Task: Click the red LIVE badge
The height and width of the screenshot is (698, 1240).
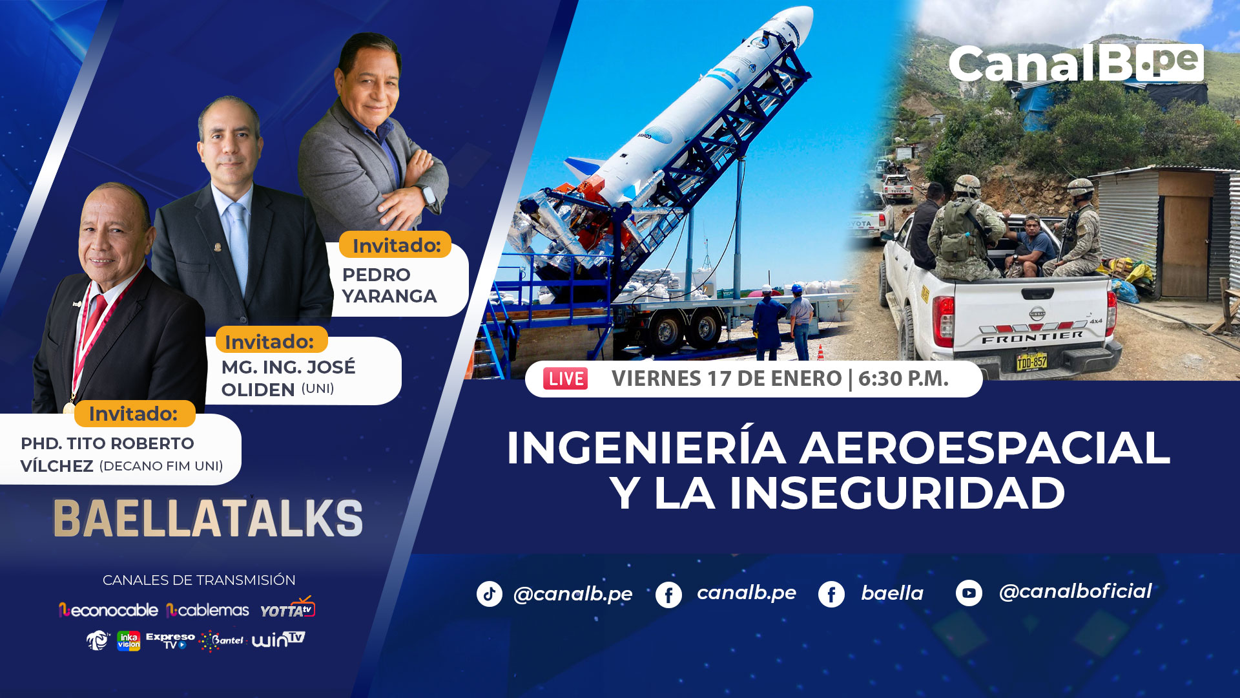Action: [x=566, y=379]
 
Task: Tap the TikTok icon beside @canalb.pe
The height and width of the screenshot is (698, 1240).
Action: [x=490, y=593]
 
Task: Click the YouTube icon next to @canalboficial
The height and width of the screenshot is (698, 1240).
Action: [x=969, y=593]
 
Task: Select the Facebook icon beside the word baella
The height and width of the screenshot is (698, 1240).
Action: [x=831, y=594]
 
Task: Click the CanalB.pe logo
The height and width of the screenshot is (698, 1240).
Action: [x=1076, y=63]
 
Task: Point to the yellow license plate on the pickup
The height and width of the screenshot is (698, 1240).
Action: [x=1031, y=361]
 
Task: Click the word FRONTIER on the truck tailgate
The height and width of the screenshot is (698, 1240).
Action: [x=1032, y=337]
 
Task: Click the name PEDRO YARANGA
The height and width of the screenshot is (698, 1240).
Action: [x=389, y=285]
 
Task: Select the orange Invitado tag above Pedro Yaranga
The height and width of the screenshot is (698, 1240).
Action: [x=395, y=245]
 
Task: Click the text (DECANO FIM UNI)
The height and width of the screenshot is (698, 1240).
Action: [x=161, y=466]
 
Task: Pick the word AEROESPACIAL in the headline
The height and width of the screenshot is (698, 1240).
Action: [x=985, y=448]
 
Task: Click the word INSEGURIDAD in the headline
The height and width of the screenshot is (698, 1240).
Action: [x=897, y=494]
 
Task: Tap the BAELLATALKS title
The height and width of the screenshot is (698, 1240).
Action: [x=208, y=518]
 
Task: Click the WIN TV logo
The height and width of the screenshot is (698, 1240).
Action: [x=278, y=639]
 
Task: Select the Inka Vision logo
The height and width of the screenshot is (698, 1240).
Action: [x=129, y=640]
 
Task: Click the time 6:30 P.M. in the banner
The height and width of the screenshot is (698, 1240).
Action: [x=903, y=379]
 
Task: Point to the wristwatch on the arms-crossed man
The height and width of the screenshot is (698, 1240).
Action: [x=428, y=195]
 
